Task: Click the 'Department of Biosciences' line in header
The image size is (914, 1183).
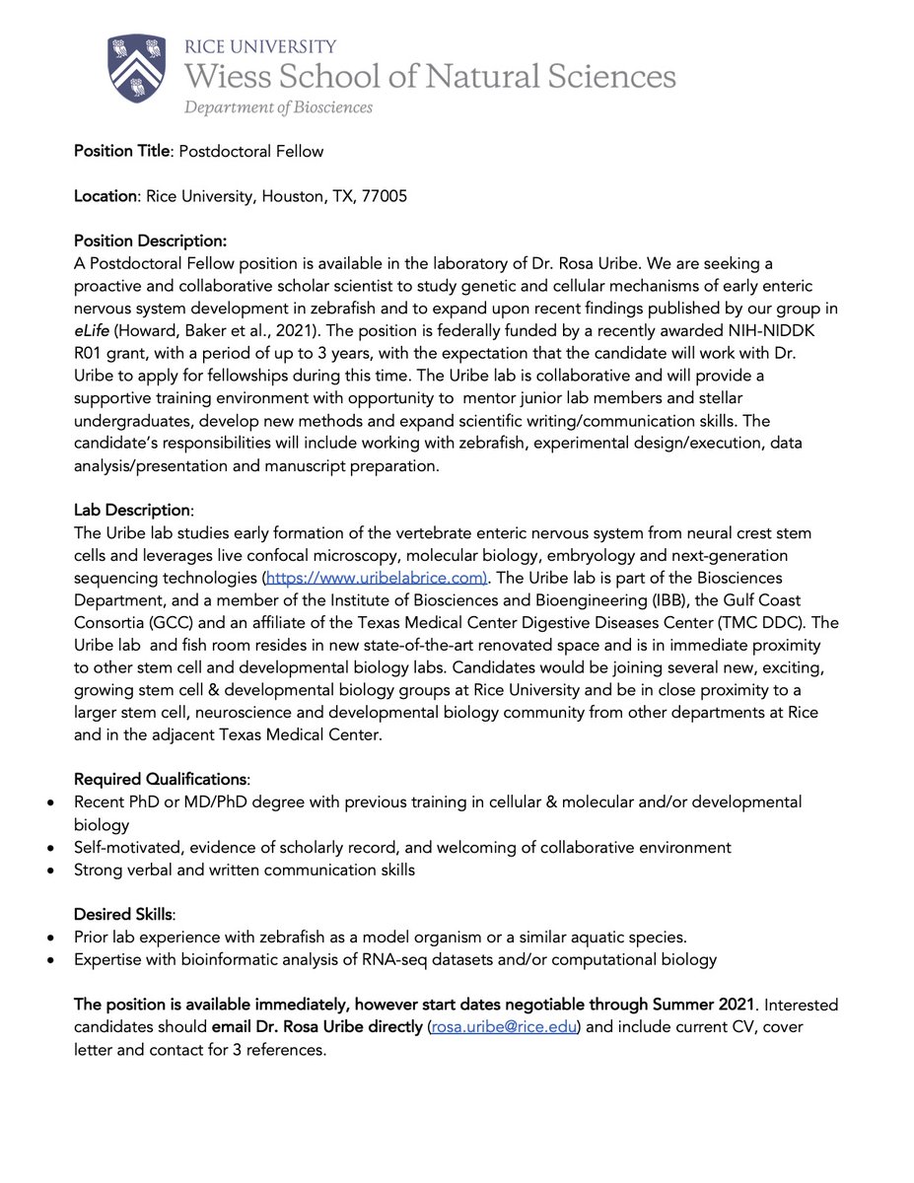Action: click(x=278, y=106)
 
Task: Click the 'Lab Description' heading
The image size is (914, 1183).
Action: click(x=131, y=511)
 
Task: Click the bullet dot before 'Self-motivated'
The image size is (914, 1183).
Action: click(x=51, y=848)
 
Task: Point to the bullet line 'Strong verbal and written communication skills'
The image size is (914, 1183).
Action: click(x=245, y=870)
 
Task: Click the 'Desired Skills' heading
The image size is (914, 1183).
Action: click(x=123, y=915)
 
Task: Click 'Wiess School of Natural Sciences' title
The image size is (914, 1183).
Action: click(x=430, y=76)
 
